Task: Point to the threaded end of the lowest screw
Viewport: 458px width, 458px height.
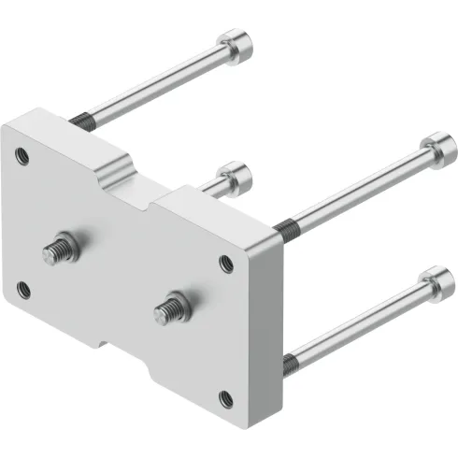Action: click(x=292, y=359)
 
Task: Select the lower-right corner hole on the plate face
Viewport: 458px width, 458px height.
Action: click(x=226, y=400)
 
